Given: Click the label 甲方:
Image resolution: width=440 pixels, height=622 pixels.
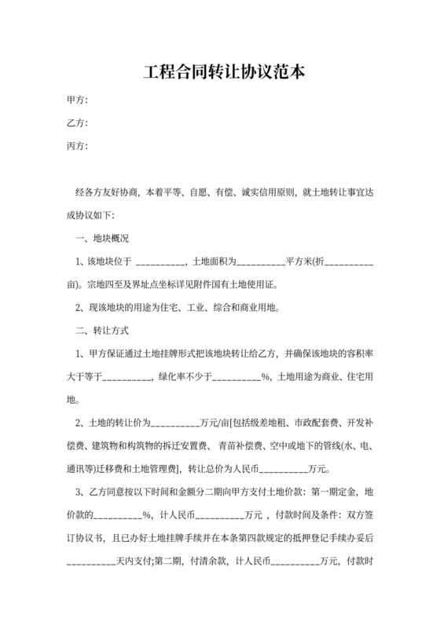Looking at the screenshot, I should point(77,100).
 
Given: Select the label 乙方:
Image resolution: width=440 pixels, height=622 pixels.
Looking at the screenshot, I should point(77,123).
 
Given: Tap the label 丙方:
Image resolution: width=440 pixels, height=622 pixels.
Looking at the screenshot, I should point(77,146).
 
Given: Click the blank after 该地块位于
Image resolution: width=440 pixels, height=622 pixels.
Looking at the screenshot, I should point(161,262).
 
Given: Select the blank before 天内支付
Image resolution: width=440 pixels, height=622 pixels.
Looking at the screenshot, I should point(91,562).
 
